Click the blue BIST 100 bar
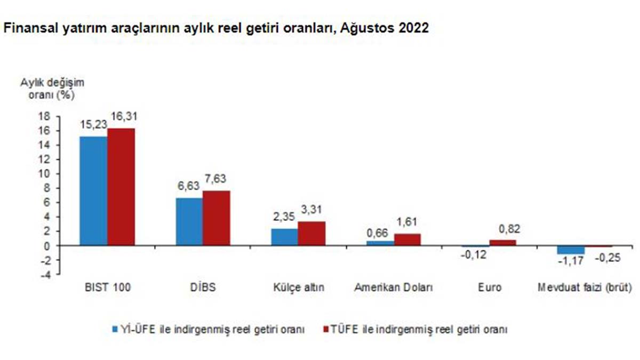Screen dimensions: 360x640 point(93,190)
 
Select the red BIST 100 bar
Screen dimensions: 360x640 point(121,187)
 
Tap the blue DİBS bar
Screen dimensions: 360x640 point(189,221)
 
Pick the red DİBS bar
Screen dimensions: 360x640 point(217,218)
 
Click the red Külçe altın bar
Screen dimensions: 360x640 point(311,233)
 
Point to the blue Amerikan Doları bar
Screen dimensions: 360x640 point(380,243)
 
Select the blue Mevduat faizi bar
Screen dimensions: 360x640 point(571,250)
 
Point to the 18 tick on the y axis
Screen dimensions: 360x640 point(44,116)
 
